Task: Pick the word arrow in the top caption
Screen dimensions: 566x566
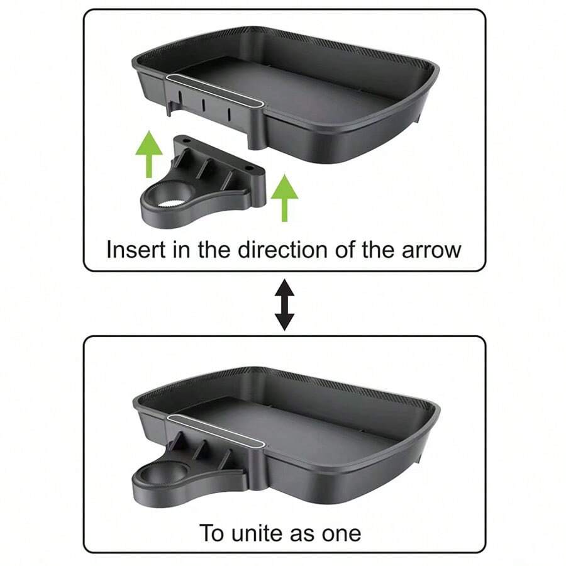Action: [x=431, y=249]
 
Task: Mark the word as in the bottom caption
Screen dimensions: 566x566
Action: [x=307, y=533]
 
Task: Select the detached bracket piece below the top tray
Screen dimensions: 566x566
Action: [x=208, y=182]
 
